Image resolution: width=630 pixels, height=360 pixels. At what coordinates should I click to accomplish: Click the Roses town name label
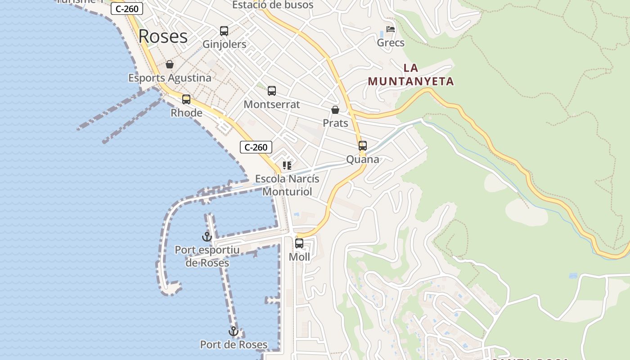tap(163, 36)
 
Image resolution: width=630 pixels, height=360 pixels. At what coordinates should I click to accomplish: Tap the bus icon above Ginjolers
tap(224, 31)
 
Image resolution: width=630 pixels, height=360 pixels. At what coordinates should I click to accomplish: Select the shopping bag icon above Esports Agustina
tap(170, 64)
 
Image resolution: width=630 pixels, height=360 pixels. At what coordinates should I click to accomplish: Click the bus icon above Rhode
tap(186, 99)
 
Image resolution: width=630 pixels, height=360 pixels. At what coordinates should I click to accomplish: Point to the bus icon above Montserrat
tap(272, 91)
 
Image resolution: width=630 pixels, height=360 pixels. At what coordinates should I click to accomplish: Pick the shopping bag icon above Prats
tap(335, 110)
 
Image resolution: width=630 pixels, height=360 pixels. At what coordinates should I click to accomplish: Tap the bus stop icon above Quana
tap(363, 146)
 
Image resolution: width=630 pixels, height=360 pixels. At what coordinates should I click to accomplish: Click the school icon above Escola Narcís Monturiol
tap(287, 166)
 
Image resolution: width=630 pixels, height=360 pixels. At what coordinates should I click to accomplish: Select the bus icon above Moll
tap(299, 243)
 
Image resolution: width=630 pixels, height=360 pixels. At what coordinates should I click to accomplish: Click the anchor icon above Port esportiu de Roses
tap(207, 236)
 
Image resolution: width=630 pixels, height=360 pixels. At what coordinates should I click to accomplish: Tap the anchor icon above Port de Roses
tap(234, 332)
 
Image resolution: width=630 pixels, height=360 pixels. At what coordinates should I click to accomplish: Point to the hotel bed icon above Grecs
tap(391, 30)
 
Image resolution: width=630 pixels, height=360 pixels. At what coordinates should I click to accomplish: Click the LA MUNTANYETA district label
tap(411, 75)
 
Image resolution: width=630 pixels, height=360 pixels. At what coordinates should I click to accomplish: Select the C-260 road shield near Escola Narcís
tap(256, 147)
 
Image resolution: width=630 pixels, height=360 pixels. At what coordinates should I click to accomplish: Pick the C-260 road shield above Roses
tap(127, 9)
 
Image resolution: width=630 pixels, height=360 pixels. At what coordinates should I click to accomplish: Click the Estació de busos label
tap(273, 5)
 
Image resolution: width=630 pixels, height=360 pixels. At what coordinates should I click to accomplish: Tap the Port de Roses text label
tap(234, 345)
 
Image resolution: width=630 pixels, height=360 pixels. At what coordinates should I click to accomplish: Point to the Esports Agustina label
tap(170, 78)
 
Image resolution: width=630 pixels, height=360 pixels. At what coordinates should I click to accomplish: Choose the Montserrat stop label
tap(272, 104)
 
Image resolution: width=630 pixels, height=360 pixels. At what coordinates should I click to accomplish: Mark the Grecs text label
tap(391, 43)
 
